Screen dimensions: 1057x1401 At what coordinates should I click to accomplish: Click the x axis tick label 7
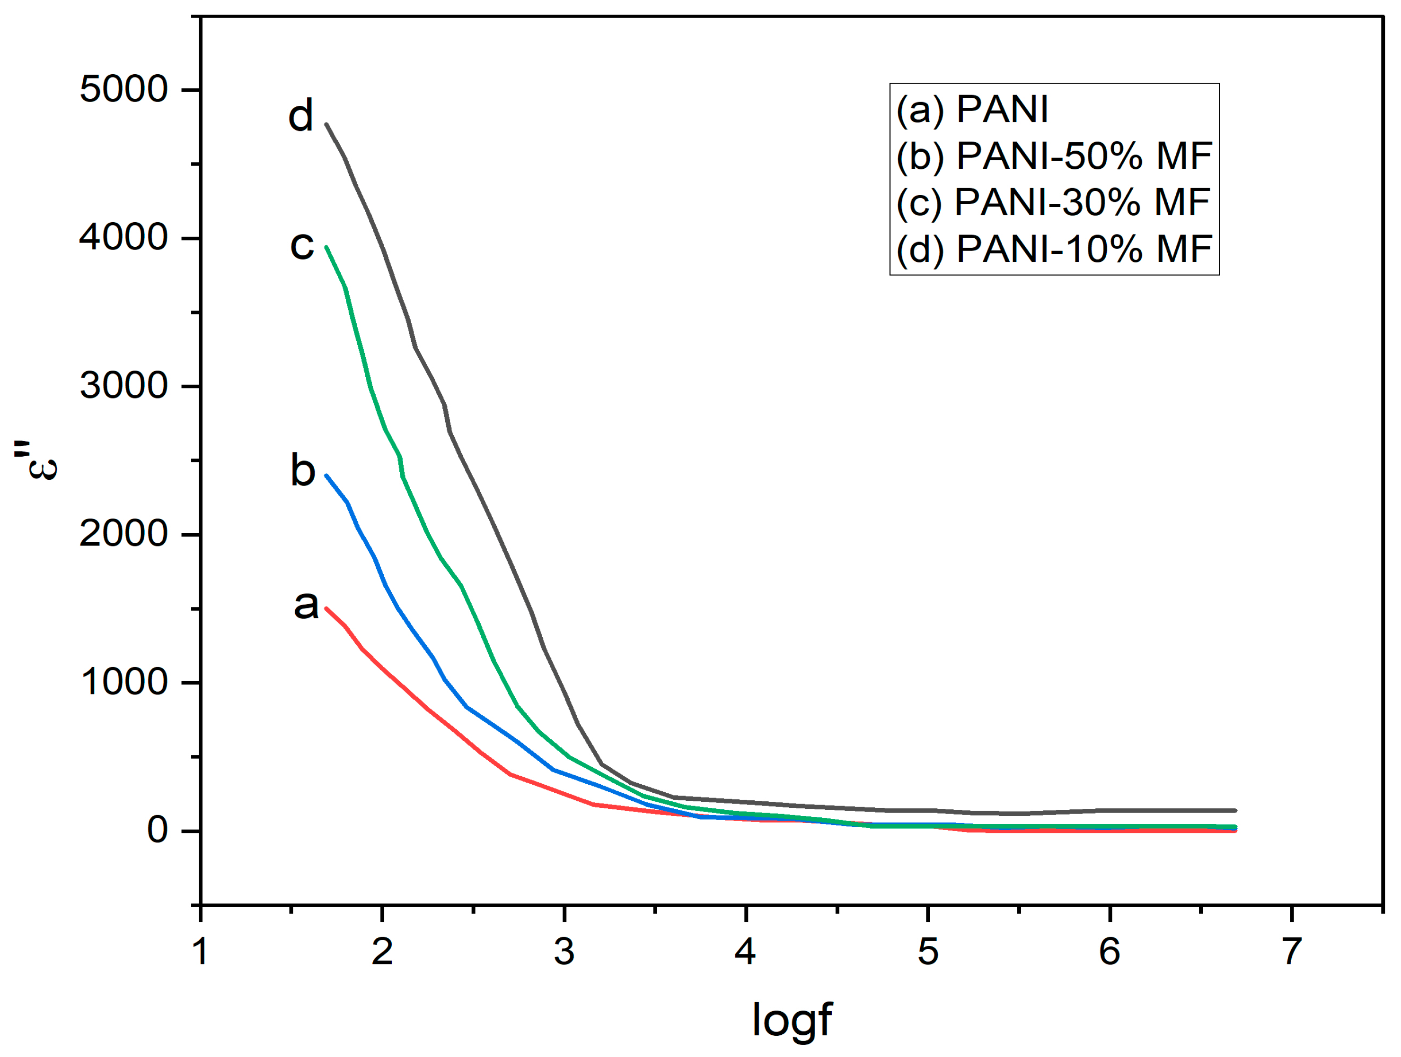(1291, 951)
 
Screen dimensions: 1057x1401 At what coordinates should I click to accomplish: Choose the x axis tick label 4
(746, 951)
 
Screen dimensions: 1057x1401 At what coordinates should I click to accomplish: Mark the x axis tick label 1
(201, 951)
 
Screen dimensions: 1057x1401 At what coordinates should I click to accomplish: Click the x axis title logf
(791, 1020)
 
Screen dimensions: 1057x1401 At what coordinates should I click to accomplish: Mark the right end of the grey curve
(1235, 810)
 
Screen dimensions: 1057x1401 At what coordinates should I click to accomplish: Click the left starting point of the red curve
(326, 608)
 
